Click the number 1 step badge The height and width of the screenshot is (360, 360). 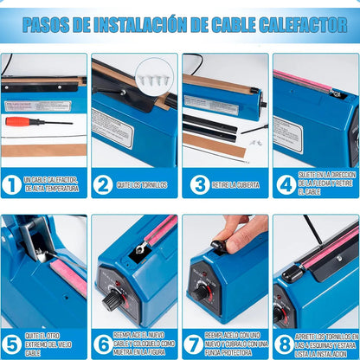coord(11,184)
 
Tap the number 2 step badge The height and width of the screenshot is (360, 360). coord(102,184)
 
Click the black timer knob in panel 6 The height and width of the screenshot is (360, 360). coord(113,300)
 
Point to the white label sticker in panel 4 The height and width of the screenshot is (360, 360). coord(286,134)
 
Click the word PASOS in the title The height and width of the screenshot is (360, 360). coord(48,24)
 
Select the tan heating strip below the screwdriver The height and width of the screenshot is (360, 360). coord(43,150)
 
